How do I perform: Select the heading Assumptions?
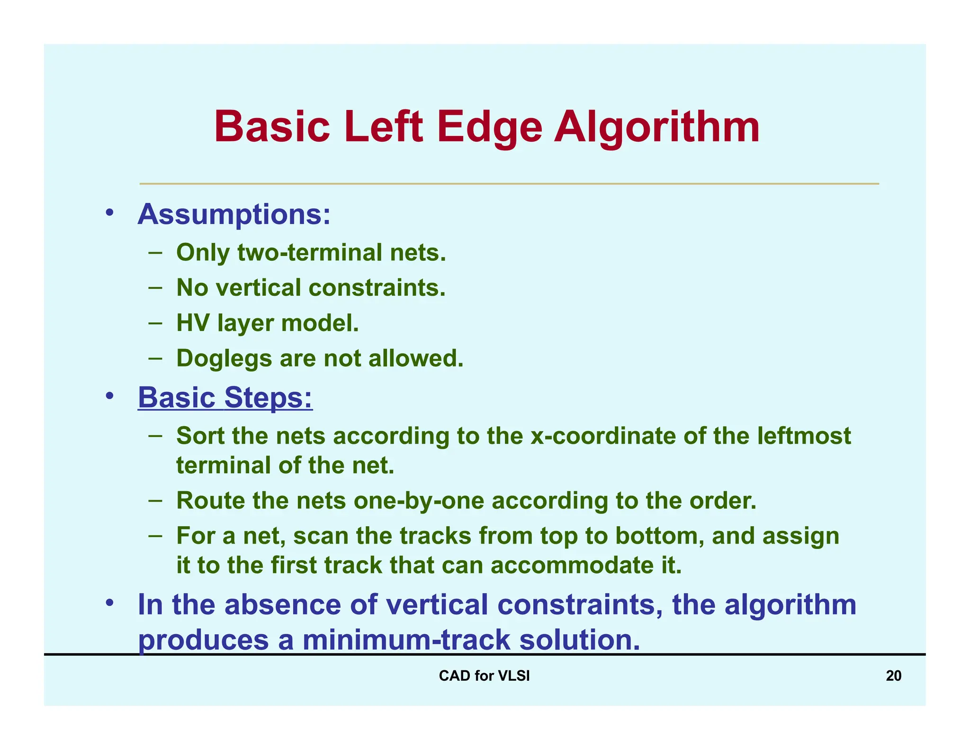coord(234,214)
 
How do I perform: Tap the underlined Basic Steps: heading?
coord(225,397)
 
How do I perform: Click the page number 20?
coord(893,676)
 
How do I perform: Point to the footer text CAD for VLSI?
coord(484,676)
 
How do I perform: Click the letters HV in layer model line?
coord(192,323)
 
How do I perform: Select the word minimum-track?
coord(406,640)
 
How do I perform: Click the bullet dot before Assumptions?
coord(109,213)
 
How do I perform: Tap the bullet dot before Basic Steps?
coord(109,396)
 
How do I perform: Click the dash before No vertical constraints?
coord(155,287)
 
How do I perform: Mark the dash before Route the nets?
coord(155,500)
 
